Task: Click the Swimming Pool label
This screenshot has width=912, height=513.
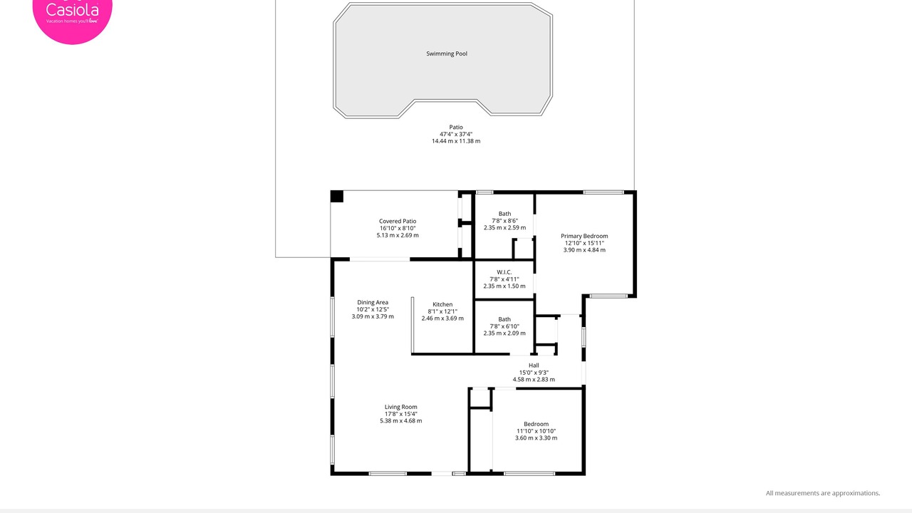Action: click(x=447, y=53)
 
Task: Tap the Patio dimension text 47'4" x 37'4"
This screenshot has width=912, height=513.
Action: click(x=456, y=134)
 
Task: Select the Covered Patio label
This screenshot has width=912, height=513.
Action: click(x=398, y=221)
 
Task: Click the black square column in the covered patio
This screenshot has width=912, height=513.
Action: click(x=337, y=196)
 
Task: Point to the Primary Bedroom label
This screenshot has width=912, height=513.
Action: click(x=584, y=236)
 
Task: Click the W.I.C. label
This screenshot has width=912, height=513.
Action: click(x=504, y=272)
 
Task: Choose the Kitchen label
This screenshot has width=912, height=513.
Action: click(x=442, y=304)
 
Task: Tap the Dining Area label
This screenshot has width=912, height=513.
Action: click(x=373, y=302)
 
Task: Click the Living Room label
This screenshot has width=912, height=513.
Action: click(x=401, y=407)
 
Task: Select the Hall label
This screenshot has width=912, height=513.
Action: click(x=534, y=366)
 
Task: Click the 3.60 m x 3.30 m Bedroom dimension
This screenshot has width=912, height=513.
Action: click(x=537, y=438)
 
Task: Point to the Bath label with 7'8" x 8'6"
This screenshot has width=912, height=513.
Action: click(x=505, y=214)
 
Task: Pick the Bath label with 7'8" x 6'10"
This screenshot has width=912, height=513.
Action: click(x=504, y=319)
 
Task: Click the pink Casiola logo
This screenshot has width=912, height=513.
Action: click(x=73, y=16)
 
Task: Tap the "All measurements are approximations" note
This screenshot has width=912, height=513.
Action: click(x=823, y=493)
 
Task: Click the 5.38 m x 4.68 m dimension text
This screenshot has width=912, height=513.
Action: click(x=401, y=421)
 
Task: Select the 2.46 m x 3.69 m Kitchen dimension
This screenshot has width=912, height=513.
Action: click(x=442, y=318)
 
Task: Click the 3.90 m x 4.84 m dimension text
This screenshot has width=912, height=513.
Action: click(x=584, y=250)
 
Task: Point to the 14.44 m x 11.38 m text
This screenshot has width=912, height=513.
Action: click(x=456, y=141)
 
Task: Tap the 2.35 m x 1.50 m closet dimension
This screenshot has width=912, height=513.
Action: click(x=504, y=286)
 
